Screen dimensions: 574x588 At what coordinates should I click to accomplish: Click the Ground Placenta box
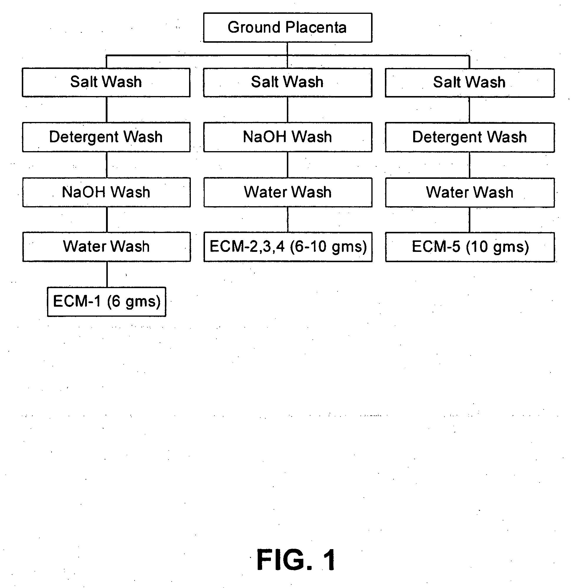pyautogui.click(x=288, y=27)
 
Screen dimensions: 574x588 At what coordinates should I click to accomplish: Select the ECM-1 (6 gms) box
pyautogui.click(x=107, y=302)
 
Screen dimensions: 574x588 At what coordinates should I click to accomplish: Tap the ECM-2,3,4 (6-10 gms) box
pyautogui.click(x=288, y=247)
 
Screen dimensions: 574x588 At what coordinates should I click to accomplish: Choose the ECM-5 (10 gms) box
pyautogui.click(x=470, y=247)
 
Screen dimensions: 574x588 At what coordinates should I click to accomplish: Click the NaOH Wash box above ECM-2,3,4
pyautogui.click(x=288, y=137)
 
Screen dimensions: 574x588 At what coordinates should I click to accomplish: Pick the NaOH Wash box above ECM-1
pyautogui.click(x=106, y=192)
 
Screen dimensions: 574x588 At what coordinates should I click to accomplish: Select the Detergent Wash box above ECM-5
pyautogui.click(x=470, y=137)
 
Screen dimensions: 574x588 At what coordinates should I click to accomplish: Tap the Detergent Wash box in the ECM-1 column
pyautogui.click(x=106, y=137)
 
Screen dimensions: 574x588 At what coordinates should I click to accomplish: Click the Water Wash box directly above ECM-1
pyautogui.click(x=107, y=247)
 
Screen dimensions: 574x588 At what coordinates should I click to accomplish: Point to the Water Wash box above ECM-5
pyautogui.click(x=470, y=192)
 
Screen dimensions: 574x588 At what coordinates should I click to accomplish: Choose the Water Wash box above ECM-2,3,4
pyautogui.click(x=288, y=192)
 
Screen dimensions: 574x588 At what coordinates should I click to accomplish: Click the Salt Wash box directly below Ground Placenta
pyautogui.click(x=288, y=82)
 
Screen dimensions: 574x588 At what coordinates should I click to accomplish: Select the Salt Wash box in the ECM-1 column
pyautogui.click(x=106, y=82)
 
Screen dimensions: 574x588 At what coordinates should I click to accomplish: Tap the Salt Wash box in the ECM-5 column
pyautogui.click(x=470, y=82)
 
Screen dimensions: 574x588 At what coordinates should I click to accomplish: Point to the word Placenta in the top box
pyautogui.click(x=316, y=27)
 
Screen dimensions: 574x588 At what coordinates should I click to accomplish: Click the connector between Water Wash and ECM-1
pyautogui.click(x=107, y=274)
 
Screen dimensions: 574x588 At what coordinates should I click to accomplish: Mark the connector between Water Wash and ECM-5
pyautogui.click(x=469, y=220)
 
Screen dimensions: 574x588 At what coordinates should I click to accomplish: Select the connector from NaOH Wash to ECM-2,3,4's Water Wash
pyautogui.click(x=288, y=165)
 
